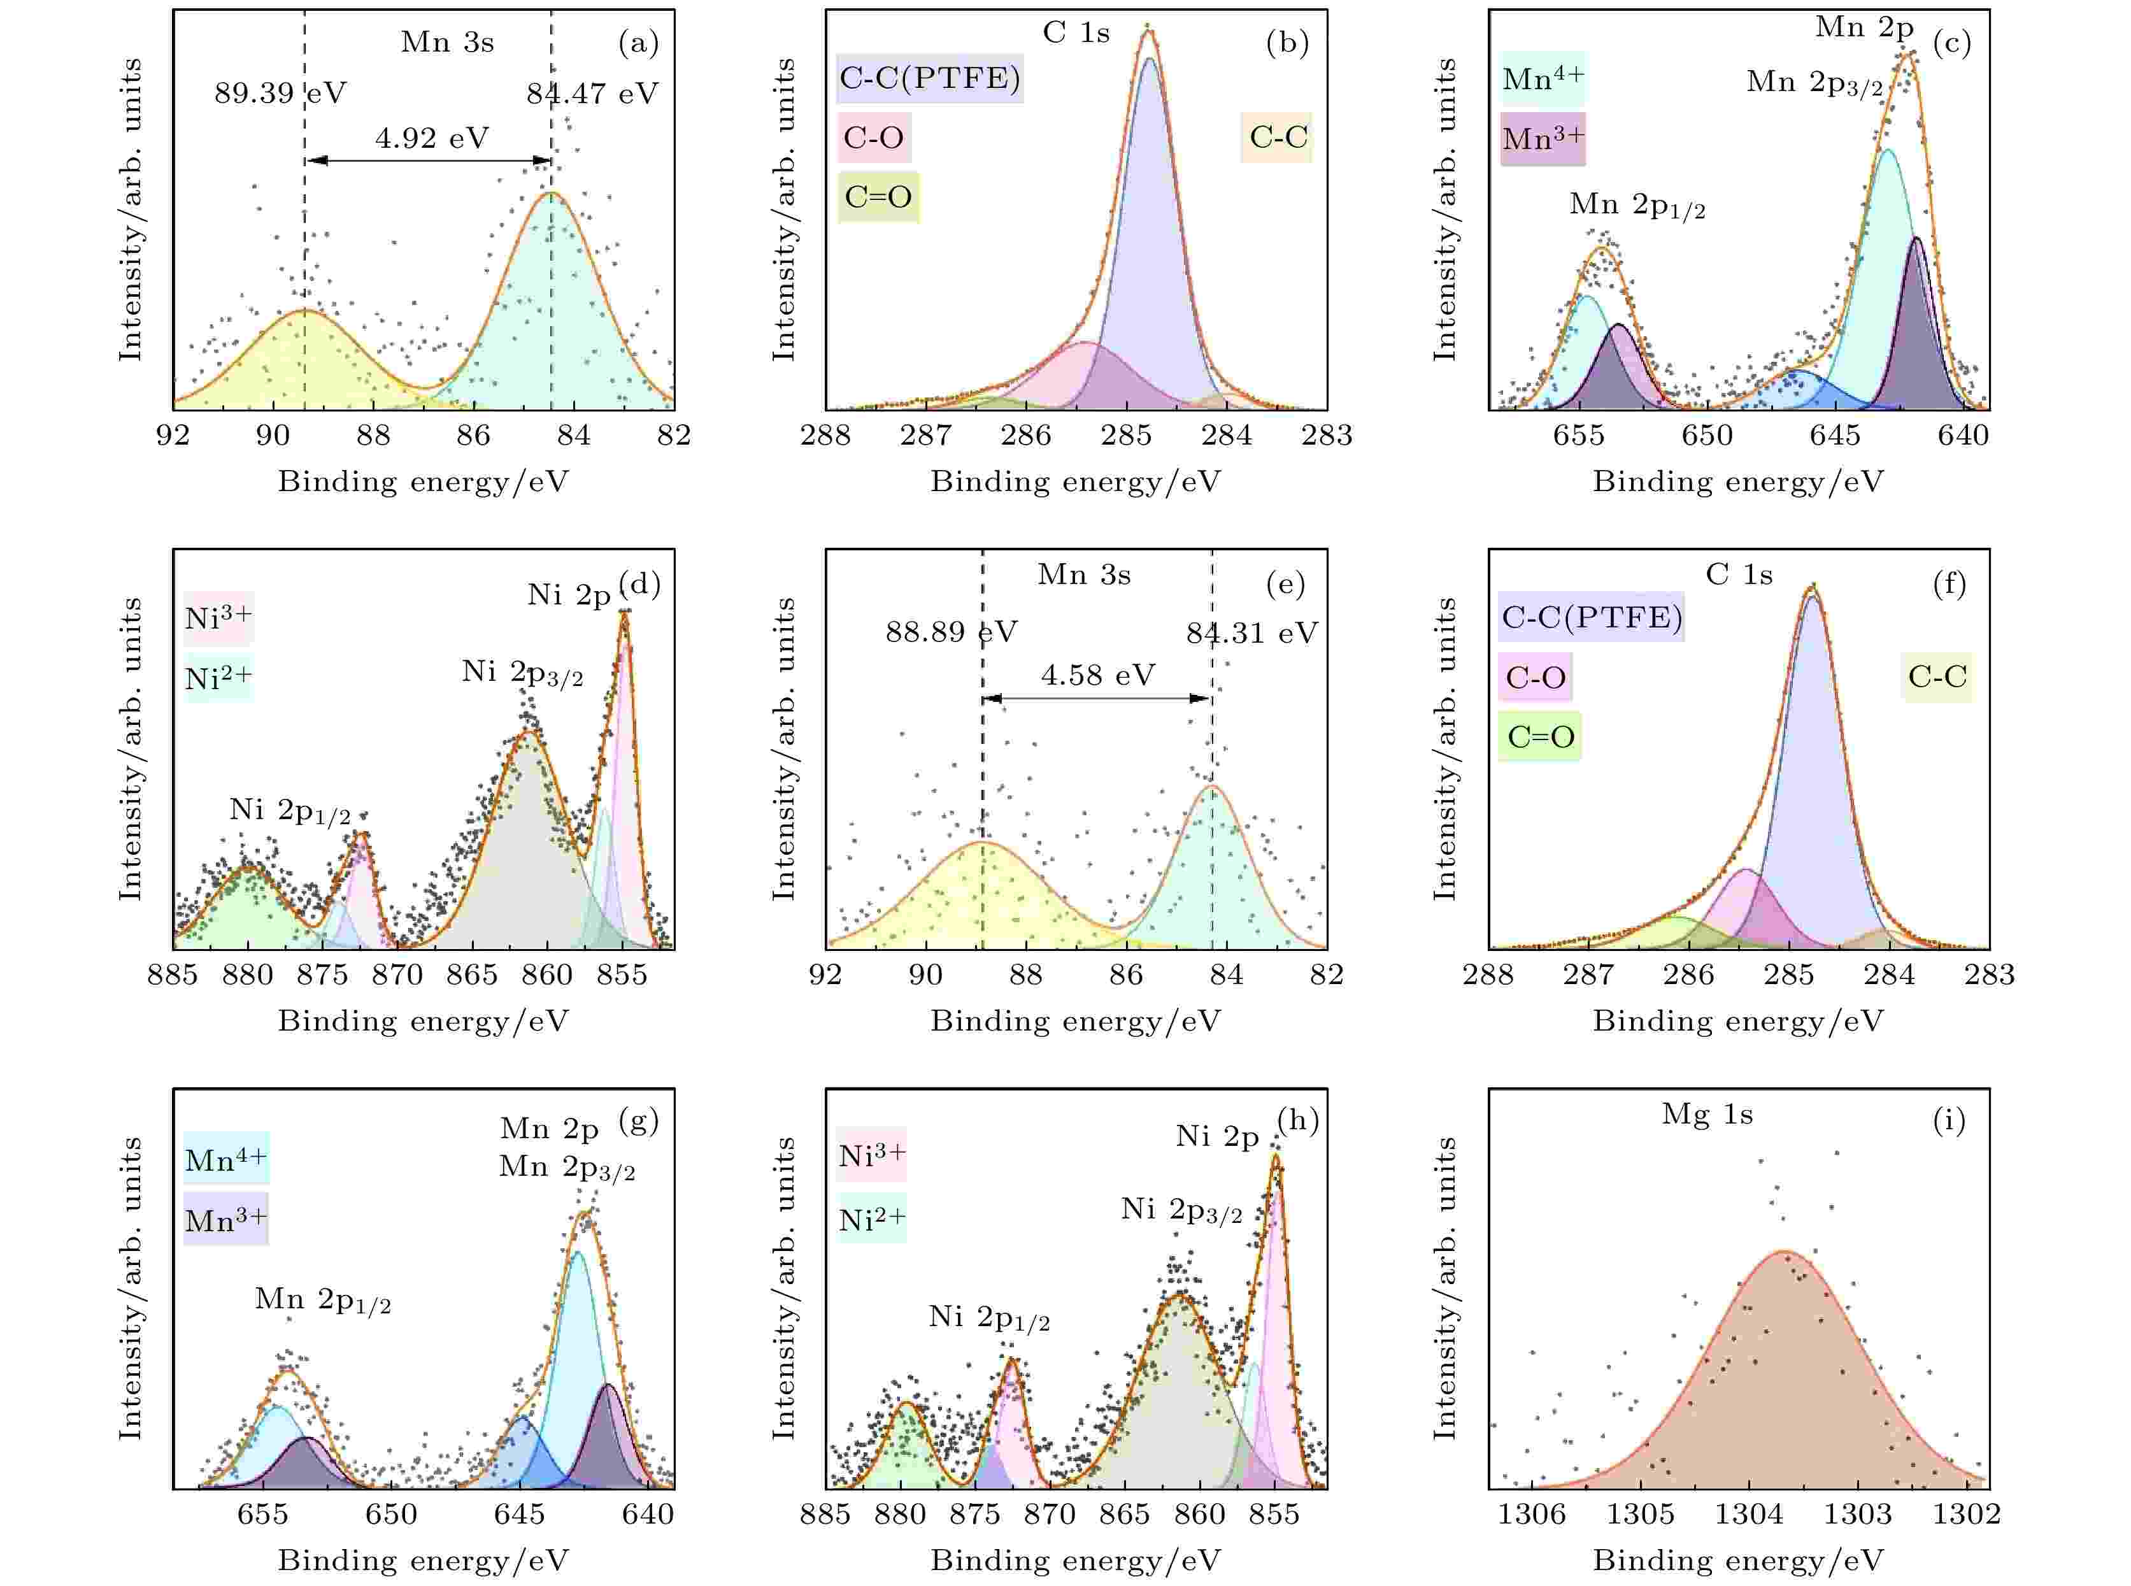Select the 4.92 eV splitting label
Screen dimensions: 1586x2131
431,138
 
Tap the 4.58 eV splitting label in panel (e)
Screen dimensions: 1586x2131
1097,675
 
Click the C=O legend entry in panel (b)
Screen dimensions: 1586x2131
878,197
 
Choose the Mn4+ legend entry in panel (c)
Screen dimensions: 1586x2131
1543,79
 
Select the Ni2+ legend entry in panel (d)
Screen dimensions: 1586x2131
218,678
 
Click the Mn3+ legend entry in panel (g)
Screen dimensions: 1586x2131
225,1220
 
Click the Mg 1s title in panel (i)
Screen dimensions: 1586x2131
1707,1115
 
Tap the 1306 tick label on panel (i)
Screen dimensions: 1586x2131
1532,1514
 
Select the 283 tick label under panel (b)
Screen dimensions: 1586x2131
1327,436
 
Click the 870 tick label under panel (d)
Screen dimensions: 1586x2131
397,975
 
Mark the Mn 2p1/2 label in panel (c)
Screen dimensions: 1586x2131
1637,206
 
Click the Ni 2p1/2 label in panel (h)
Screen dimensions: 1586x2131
988,1317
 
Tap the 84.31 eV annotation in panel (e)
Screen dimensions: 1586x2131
1251,632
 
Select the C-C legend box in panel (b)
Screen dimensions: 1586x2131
1278,138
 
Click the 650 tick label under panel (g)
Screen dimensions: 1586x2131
392,1514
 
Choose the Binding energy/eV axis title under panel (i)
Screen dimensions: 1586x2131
1737,1560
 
